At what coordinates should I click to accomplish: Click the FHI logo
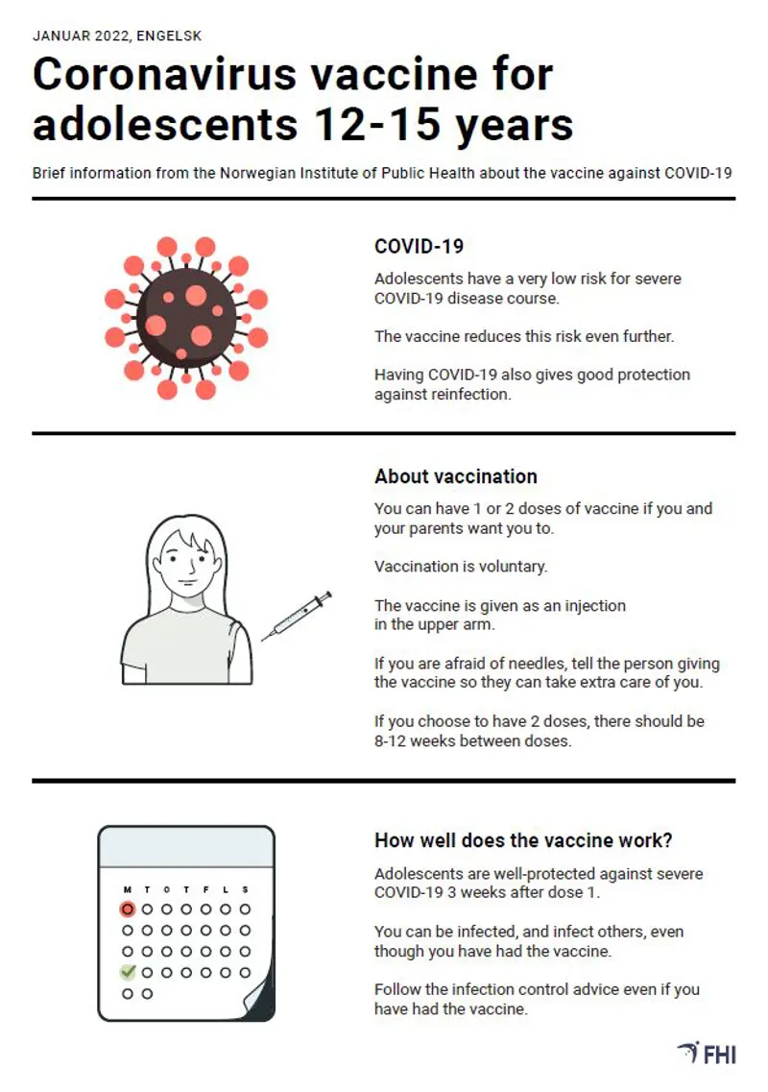coord(707,1053)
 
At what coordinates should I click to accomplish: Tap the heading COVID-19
coord(419,246)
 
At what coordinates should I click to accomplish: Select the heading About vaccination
coord(455,476)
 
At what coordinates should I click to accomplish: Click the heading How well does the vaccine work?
coord(523,840)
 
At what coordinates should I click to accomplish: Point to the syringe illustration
coord(297,616)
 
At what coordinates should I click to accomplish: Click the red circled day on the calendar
coord(128,909)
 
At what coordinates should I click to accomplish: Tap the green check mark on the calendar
coord(128,972)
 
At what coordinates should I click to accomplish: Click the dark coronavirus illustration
coord(186,318)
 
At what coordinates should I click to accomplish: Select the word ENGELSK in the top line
coord(169,36)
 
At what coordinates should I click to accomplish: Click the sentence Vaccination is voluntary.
coord(461,567)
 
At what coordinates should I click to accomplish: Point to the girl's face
coord(186,563)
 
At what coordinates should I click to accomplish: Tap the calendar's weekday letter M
coord(128,889)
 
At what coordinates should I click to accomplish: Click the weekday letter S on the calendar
coord(245,889)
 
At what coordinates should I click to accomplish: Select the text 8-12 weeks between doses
coord(472,741)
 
